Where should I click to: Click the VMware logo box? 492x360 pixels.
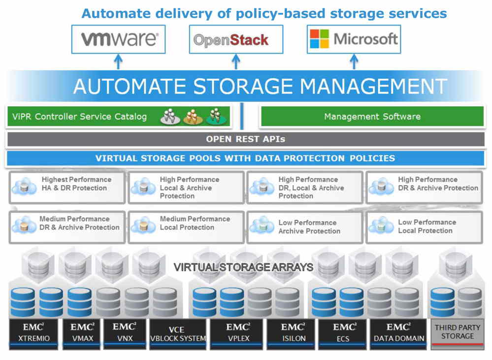[118, 39]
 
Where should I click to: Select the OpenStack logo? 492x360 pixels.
[236, 39]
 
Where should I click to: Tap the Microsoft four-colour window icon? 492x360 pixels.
[319, 38]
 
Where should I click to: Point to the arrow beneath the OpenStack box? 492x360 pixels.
[236, 62]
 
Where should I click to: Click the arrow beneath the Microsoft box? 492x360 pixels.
[354, 62]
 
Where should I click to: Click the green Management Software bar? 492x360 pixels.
[372, 117]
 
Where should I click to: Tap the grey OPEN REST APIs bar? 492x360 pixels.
[245, 139]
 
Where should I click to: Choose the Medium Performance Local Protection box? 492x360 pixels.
[186, 227]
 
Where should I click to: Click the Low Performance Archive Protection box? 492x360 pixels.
[305, 227]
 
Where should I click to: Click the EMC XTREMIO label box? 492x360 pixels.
[33, 333]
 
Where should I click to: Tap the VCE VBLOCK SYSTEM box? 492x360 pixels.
[177, 333]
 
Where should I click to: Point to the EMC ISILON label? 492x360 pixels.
[291, 333]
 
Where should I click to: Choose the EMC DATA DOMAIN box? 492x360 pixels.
[398, 333]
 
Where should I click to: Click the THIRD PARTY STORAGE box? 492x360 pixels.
[457, 332]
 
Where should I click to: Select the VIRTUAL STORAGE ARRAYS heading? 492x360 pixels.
[243, 267]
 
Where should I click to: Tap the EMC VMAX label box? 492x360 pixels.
[81, 333]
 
